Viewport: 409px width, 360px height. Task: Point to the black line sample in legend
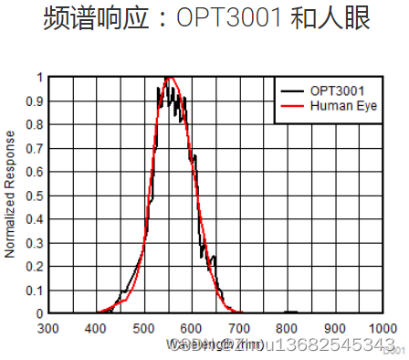[x=291, y=90]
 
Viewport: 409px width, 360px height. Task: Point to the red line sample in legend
[x=291, y=106]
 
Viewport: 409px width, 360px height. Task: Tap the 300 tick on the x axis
[x=47, y=328]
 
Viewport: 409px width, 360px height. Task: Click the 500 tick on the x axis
[x=143, y=328]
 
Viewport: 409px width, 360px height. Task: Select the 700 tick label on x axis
[x=239, y=328]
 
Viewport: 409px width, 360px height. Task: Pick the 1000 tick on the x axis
[x=382, y=328]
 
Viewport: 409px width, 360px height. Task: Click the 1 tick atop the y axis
[x=38, y=78]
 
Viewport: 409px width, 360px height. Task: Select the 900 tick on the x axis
[x=335, y=328]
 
